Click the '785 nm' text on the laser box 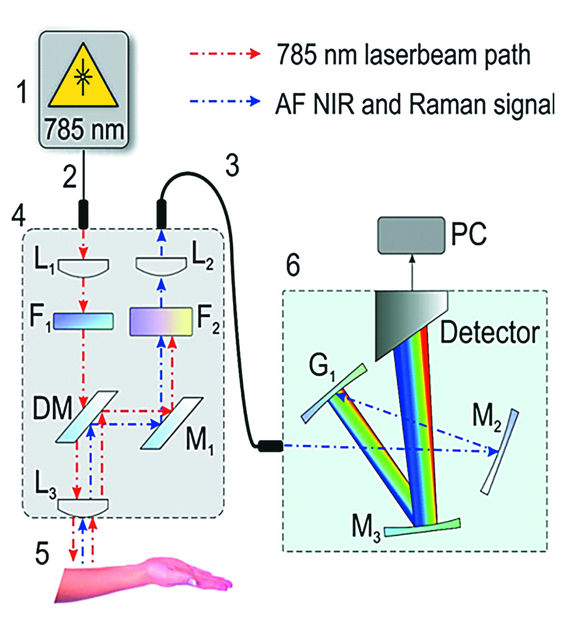84,130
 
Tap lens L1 83,267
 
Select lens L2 161,266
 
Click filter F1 83,321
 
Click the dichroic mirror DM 87,417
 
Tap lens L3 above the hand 83,506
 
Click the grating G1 334,393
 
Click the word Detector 489,333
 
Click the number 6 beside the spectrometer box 293,265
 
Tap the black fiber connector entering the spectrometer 271,446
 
